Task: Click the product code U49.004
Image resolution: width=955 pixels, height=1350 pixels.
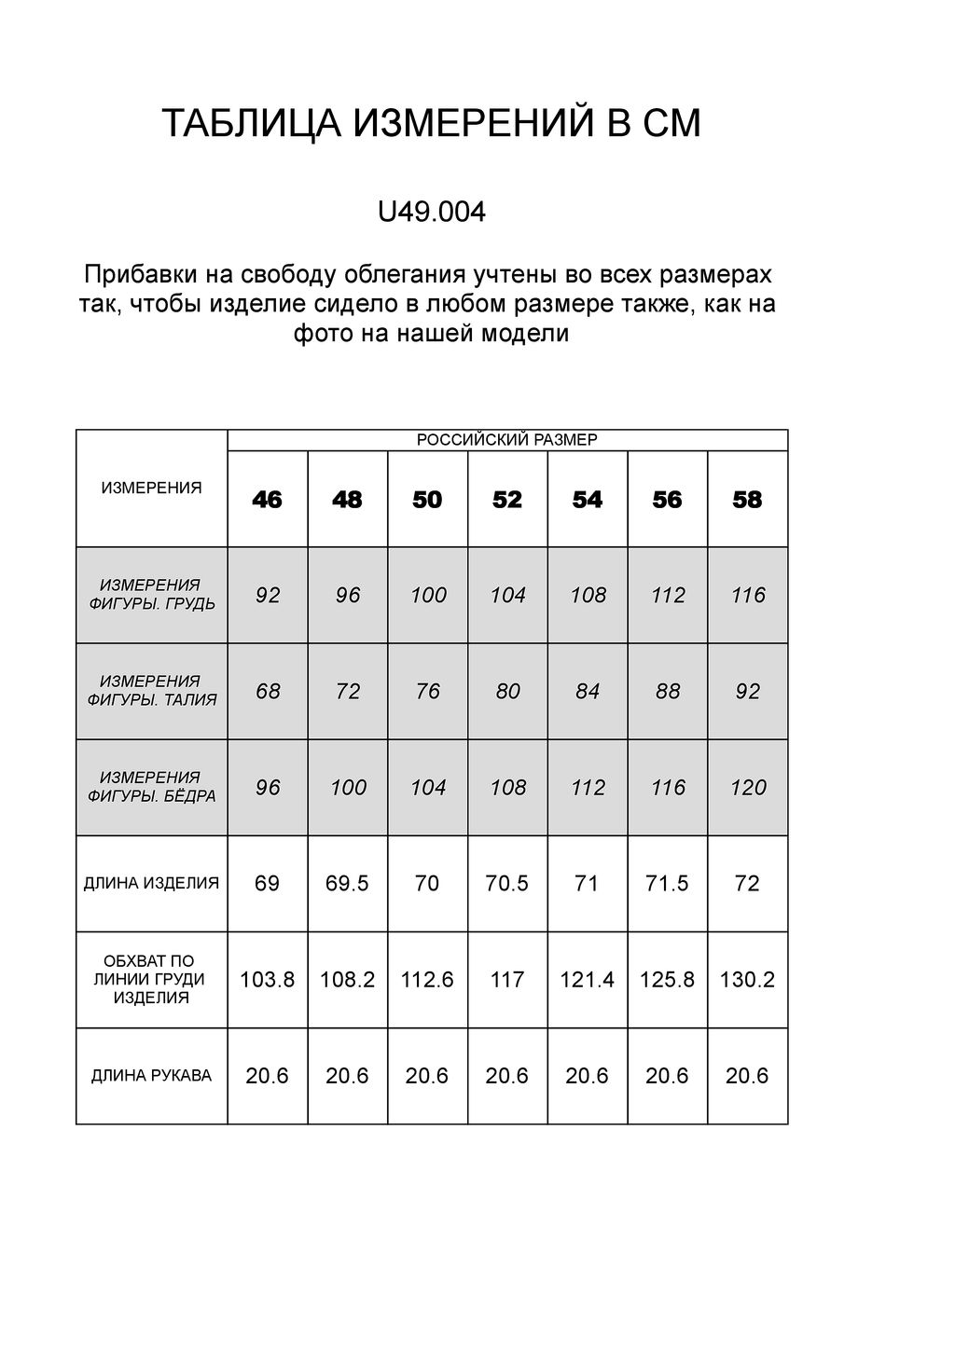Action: coord(431,214)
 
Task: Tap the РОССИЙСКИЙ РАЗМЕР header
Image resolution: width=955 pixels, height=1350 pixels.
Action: coord(506,440)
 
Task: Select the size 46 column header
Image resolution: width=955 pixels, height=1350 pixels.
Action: coord(267,501)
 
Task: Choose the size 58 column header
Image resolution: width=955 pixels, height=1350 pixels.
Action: coord(747,501)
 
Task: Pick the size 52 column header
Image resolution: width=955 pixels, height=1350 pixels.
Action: coord(507,501)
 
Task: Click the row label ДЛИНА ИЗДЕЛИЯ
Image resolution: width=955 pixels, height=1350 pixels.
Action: coord(151,883)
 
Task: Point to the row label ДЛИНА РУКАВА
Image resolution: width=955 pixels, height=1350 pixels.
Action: coord(151,1076)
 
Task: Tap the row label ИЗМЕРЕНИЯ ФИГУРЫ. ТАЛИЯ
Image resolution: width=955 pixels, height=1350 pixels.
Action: coord(151,691)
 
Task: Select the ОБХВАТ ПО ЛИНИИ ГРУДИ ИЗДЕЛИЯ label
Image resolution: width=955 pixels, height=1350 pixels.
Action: coord(151,979)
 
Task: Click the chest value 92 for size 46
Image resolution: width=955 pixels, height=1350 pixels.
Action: coord(268,595)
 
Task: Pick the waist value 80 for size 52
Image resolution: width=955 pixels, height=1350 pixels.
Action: coord(507,692)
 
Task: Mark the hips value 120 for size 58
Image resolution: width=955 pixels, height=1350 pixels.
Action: coord(748,788)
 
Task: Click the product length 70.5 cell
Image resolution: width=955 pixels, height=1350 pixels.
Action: coord(507,884)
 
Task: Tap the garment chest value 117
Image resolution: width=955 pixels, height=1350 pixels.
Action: coord(507,980)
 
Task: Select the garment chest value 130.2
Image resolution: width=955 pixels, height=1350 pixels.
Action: coord(747,980)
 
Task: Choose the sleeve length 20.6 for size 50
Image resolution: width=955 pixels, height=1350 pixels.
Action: coord(427,1076)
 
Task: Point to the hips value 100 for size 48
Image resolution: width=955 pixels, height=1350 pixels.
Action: coord(348,788)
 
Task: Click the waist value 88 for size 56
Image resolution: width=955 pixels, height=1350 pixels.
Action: coord(668,692)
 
